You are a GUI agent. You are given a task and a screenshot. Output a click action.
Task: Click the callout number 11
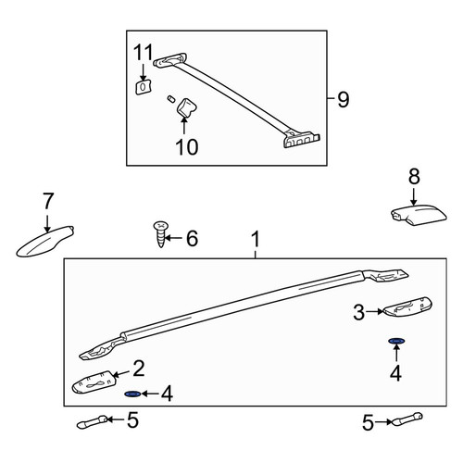(144, 52)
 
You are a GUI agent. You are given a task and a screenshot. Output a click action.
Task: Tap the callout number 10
(187, 146)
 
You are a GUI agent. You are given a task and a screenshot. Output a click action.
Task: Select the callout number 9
(343, 99)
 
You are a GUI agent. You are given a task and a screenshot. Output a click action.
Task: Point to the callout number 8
(414, 177)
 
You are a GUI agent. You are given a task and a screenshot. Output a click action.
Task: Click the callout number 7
(48, 201)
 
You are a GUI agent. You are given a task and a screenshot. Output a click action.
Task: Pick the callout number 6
(192, 238)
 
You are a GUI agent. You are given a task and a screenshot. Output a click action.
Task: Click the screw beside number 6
(161, 234)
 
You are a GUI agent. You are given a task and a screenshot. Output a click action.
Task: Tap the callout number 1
(256, 240)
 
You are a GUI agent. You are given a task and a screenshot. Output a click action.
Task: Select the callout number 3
(359, 312)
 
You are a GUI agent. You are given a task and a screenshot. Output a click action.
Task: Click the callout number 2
(139, 369)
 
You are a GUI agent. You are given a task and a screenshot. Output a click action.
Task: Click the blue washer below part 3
(396, 341)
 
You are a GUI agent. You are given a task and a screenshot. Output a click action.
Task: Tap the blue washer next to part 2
(132, 394)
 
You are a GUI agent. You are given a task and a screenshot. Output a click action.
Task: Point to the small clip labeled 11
(143, 87)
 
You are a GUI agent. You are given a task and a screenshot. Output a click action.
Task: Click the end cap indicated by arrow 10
(186, 108)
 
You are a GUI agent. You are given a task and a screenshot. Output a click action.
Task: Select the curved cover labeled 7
(45, 242)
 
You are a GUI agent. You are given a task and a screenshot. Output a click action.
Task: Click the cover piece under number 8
(419, 214)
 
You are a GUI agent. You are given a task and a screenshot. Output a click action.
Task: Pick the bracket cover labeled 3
(407, 307)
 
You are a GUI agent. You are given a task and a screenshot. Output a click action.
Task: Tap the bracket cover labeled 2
(94, 382)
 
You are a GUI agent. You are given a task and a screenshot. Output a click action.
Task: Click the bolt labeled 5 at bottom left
(93, 422)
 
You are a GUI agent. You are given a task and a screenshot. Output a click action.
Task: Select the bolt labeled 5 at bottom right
(407, 419)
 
